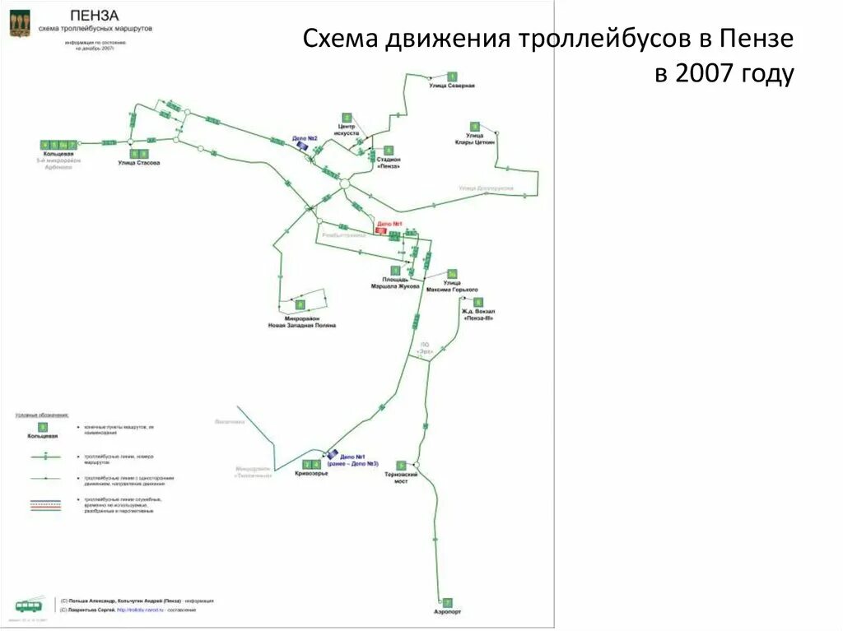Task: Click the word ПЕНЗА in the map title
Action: (x=94, y=15)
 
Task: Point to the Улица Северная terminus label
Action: (x=452, y=86)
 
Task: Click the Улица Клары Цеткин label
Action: (x=474, y=138)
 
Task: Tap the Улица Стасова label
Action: (x=138, y=163)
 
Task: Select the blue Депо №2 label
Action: (x=305, y=137)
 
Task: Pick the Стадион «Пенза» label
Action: (x=389, y=162)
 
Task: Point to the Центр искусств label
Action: (x=347, y=129)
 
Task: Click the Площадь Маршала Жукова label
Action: (x=395, y=283)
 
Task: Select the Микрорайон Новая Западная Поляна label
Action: (x=302, y=322)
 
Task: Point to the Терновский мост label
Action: (x=401, y=477)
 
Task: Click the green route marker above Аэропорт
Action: (x=447, y=602)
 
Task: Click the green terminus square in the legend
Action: (x=43, y=427)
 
